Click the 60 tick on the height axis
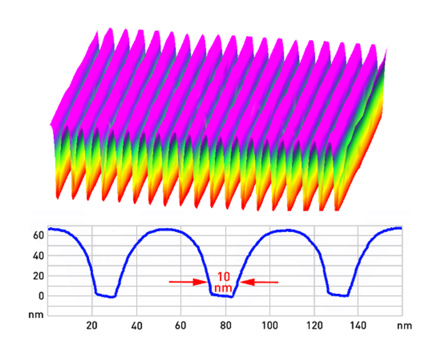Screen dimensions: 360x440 [38, 235]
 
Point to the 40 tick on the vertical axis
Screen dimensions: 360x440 [38, 256]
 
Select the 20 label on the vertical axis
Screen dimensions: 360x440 [38, 276]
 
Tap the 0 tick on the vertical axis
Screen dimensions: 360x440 [41, 296]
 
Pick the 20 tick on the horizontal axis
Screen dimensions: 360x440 [92, 325]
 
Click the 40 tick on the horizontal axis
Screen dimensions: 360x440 [137, 325]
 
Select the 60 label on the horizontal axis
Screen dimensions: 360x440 [181, 325]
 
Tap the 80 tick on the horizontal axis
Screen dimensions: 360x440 [225, 325]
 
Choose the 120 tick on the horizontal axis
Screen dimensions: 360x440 [314, 325]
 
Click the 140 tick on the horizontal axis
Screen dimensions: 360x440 [358, 325]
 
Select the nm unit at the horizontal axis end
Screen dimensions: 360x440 [401, 325]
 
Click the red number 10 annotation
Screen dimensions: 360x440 [223, 276]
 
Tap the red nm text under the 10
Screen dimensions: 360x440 [223, 287]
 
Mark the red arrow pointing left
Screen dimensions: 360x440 [261, 281]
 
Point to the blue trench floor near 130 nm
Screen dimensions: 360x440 [338, 295]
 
